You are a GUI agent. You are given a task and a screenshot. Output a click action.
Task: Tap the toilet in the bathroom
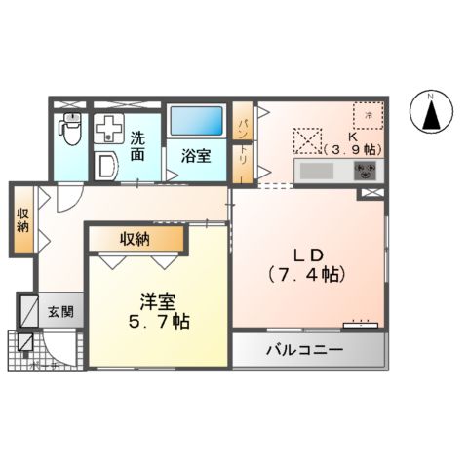(x=70, y=126)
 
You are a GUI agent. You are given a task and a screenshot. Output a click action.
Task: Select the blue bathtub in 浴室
(x=197, y=121)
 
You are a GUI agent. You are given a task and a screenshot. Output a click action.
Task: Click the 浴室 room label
(x=196, y=155)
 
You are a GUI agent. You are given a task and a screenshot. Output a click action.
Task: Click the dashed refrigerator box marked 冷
(x=369, y=116)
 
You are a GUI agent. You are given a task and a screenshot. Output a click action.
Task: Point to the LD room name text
(x=299, y=254)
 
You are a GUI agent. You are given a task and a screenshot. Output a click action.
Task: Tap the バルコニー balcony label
(x=307, y=351)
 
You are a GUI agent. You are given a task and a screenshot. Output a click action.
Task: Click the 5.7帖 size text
(x=155, y=321)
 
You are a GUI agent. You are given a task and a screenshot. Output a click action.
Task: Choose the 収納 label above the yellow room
(x=136, y=238)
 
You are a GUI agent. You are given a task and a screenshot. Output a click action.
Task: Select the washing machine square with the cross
(x=107, y=126)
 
